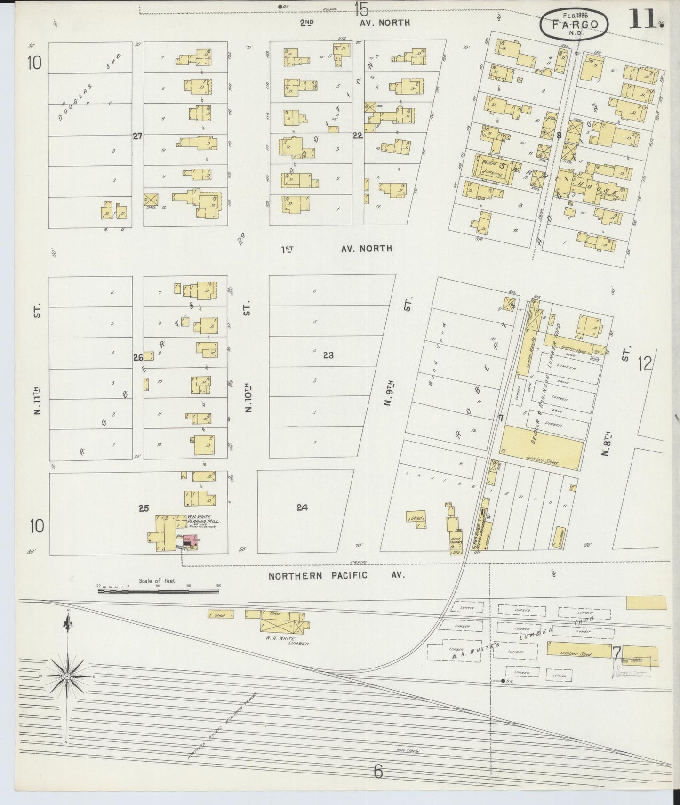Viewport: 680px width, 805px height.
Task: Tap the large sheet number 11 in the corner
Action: [x=646, y=20]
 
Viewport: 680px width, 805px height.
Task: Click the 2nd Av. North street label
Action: [x=355, y=22]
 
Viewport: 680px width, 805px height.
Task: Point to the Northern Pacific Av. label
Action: [x=336, y=575]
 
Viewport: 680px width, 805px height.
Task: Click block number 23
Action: [x=328, y=355]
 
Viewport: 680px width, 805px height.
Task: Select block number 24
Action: [x=302, y=507]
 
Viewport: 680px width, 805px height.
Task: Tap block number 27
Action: [x=137, y=136]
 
